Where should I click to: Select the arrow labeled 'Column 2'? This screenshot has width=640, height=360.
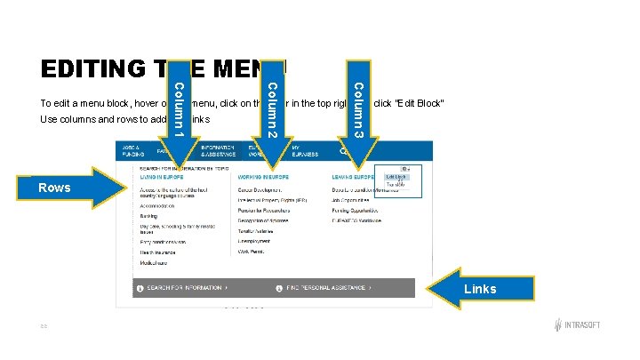point(273,107)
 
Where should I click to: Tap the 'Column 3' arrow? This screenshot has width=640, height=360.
point(357,107)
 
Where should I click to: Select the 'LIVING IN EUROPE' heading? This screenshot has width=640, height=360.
point(161,179)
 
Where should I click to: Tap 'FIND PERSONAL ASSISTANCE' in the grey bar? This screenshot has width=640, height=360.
point(329,288)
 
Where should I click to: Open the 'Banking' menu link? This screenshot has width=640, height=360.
point(149,215)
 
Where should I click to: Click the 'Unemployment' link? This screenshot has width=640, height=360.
point(254,241)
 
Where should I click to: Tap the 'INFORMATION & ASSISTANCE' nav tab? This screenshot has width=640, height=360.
point(218,150)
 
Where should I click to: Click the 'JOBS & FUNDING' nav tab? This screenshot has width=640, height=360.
point(132,150)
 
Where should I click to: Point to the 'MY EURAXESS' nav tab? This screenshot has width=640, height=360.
point(307,150)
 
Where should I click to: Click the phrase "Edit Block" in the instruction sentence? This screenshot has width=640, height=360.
point(418,105)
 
